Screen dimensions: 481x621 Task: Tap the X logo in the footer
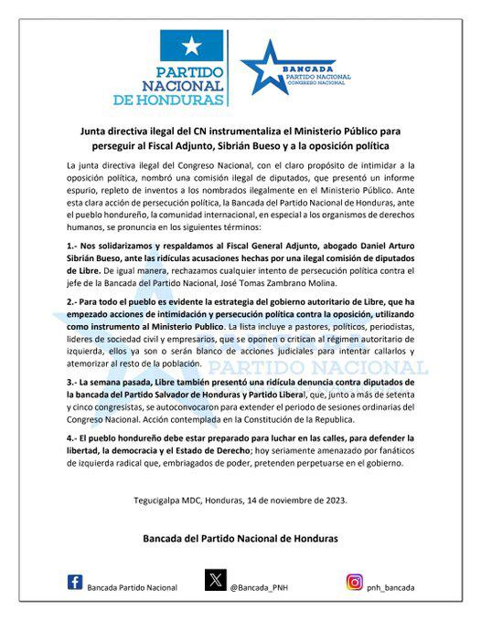click(x=214, y=582)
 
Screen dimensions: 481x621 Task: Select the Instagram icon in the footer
click(x=355, y=582)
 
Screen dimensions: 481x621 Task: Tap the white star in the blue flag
click(x=192, y=47)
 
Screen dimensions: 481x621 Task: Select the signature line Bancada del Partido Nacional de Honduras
click(x=241, y=539)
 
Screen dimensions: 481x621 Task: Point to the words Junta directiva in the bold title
click(x=108, y=131)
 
